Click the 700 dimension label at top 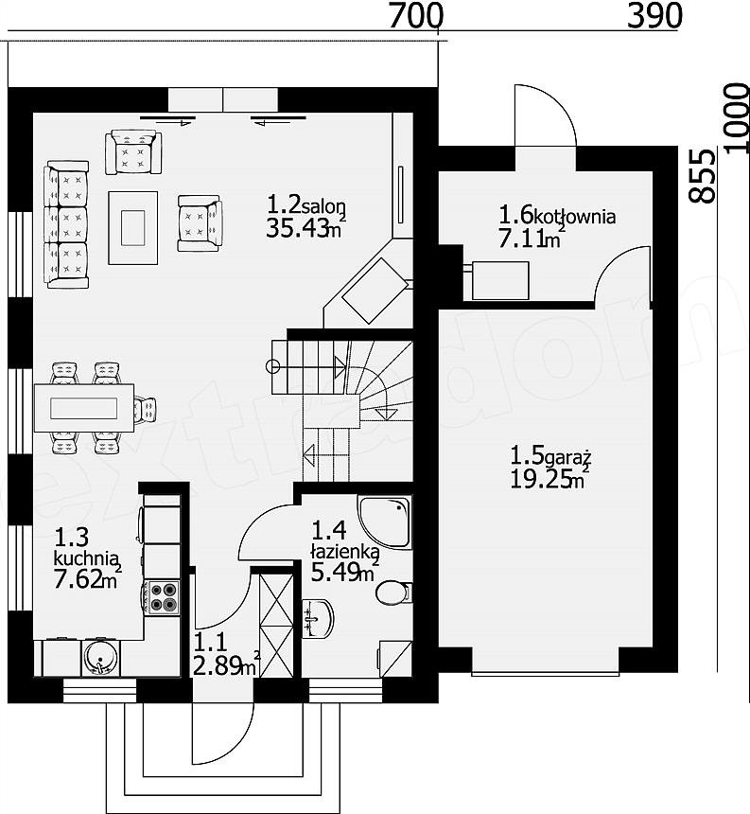[x=415, y=16]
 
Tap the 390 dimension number [x=654, y=16]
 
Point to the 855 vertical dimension [x=703, y=176]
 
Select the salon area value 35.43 [x=297, y=228]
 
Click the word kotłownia [x=575, y=216]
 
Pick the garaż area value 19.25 [x=542, y=479]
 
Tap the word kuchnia [x=83, y=558]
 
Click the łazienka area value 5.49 [x=336, y=573]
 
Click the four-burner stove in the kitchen [x=162, y=597]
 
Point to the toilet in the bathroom [x=393, y=593]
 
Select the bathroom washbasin [x=318, y=618]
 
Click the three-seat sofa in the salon [x=66, y=224]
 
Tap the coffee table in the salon [x=133, y=227]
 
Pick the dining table [x=84, y=408]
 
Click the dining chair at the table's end [x=145, y=409]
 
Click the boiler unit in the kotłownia [x=500, y=281]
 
